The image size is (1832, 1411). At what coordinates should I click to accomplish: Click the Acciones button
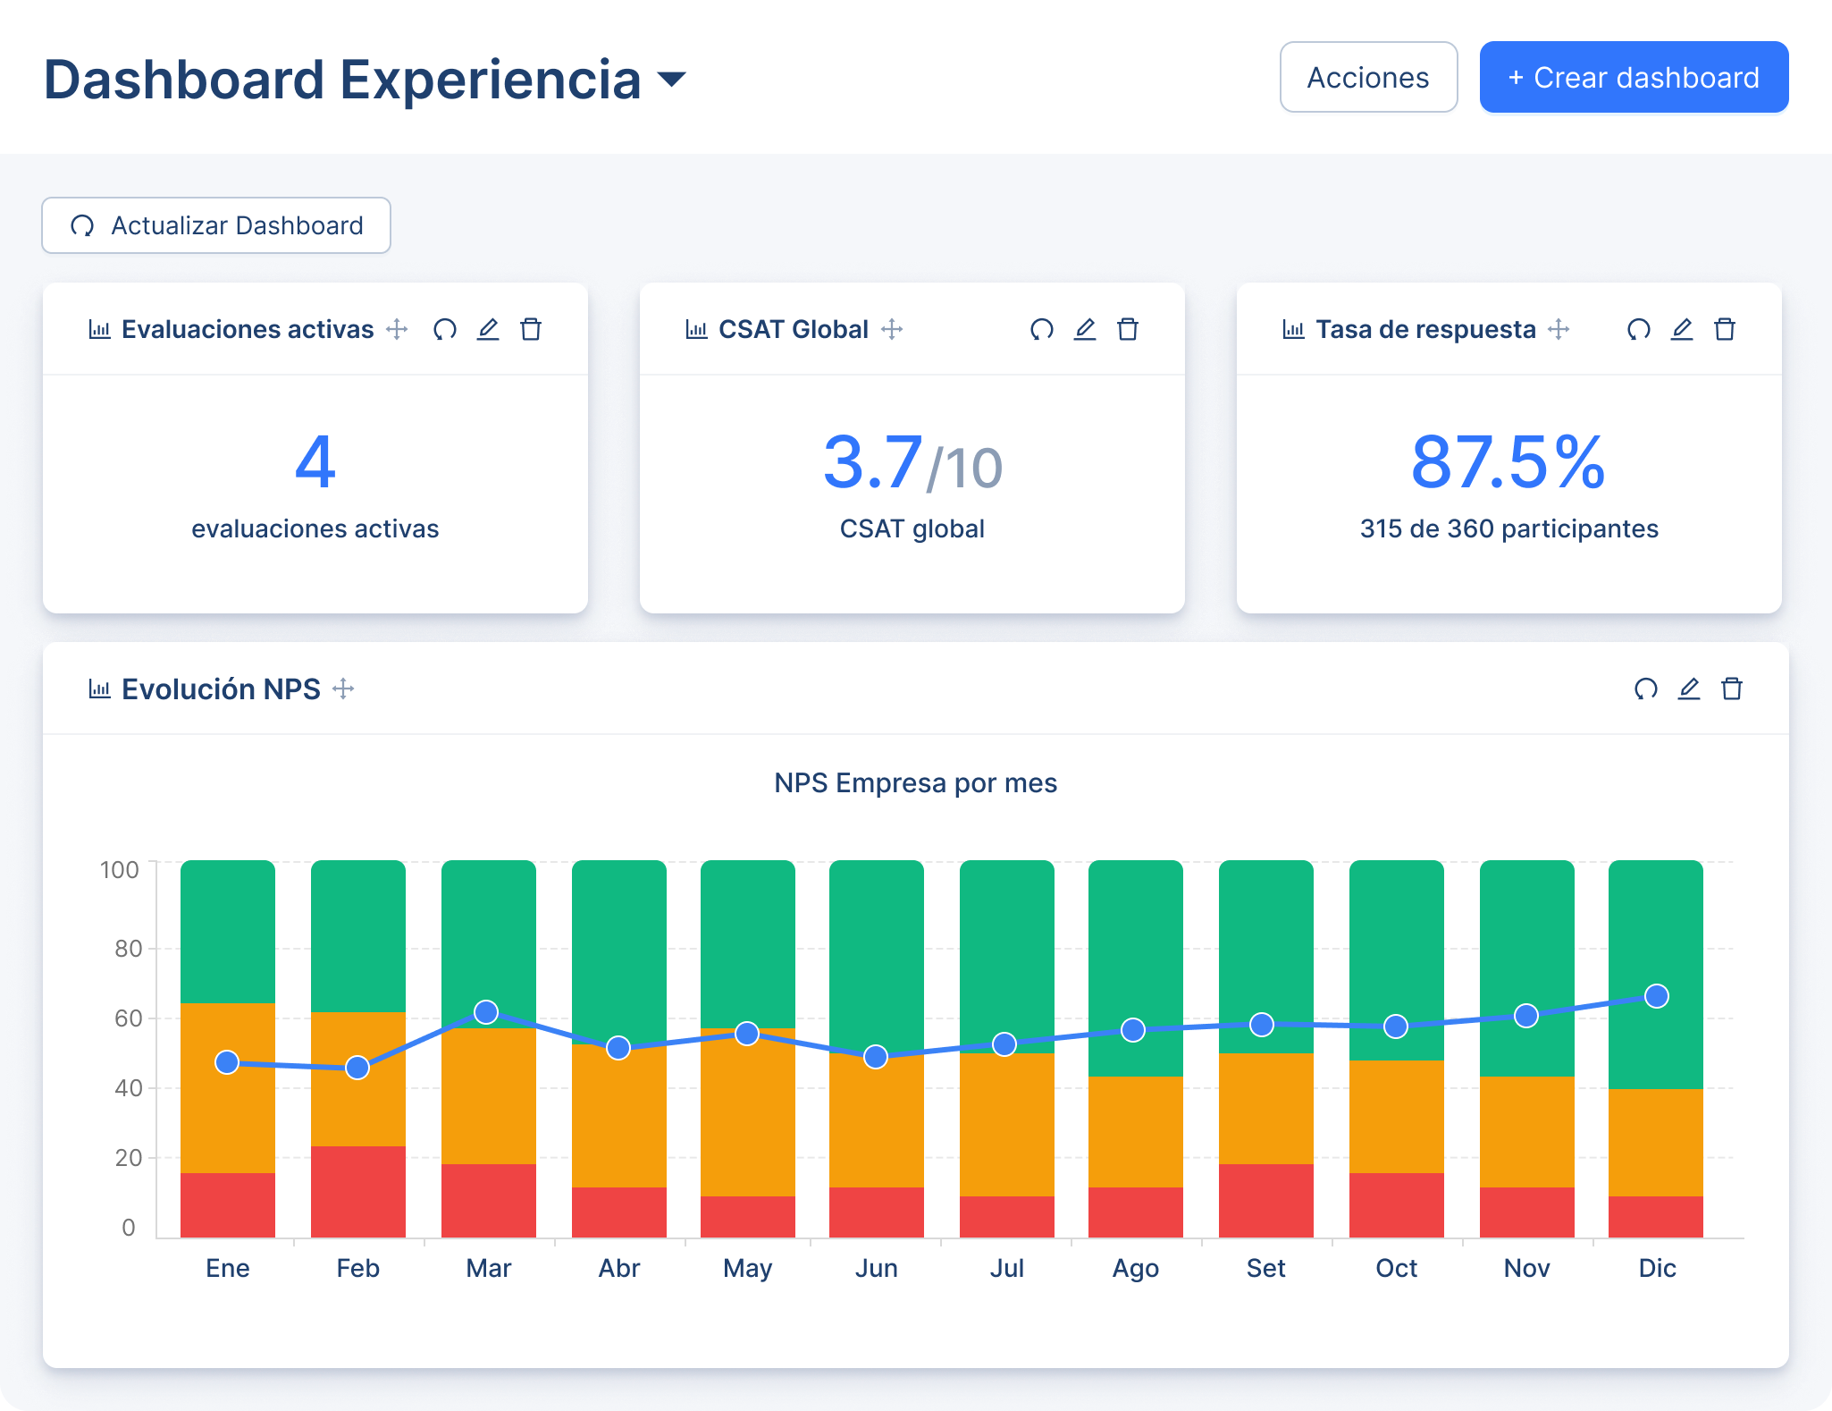[x=1368, y=78]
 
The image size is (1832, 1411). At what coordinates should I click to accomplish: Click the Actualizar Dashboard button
[x=216, y=225]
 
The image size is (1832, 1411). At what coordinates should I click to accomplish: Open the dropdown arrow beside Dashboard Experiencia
[x=671, y=80]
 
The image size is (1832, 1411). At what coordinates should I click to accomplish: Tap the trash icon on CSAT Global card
[x=1128, y=330]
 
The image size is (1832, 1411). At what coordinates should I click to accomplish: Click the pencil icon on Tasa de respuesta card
[x=1681, y=330]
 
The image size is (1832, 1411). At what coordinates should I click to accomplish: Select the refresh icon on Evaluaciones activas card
[x=445, y=330]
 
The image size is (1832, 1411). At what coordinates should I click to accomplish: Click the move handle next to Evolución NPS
[x=343, y=689]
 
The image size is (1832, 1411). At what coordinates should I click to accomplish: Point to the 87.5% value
[x=1508, y=462]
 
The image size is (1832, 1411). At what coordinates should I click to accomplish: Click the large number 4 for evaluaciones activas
[x=315, y=462]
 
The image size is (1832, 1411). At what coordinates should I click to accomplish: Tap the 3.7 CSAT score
[x=872, y=462]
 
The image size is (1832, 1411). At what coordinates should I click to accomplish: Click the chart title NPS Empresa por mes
[x=915, y=783]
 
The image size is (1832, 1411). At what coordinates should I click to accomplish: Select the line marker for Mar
[x=486, y=1012]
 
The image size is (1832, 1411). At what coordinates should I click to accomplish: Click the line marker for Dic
[x=1656, y=996]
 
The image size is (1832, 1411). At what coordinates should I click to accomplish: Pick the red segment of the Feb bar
[x=357, y=1192]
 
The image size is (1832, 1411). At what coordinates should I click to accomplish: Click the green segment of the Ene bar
[x=227, y=930]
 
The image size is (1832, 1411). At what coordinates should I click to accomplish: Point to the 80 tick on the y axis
[x=128, y=949]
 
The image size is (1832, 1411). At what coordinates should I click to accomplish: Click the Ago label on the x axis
[x=1135, y=1268]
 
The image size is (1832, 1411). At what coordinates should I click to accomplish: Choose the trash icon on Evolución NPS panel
[x=1731, y=689]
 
